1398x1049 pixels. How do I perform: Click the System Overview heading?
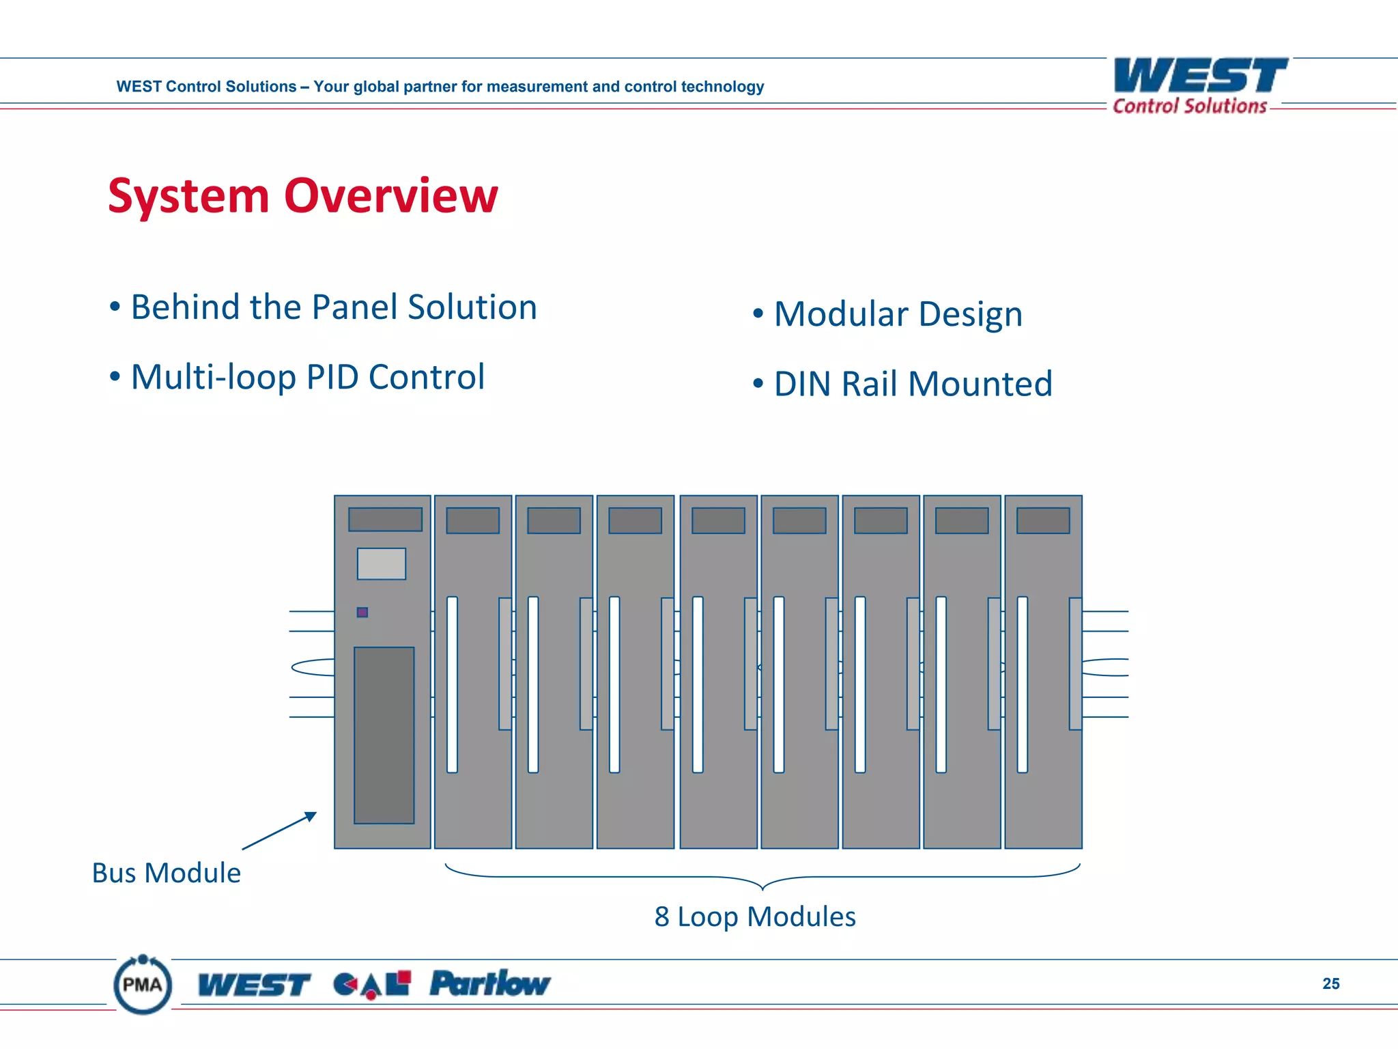tap(302, 196)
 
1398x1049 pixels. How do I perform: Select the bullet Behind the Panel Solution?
tap(333, 307)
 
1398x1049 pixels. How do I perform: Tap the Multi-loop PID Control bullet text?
tap(307, 377)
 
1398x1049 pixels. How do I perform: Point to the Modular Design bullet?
tap(897, 314)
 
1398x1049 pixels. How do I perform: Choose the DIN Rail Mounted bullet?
tap(912, 384)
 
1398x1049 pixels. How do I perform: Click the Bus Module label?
tap(166, 873)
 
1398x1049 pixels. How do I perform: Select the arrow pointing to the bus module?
tap(279, 830)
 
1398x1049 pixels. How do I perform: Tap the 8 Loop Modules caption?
tap(754, 917)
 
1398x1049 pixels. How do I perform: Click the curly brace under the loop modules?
tap(762, 878)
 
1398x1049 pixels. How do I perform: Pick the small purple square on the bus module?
tap(362, 613)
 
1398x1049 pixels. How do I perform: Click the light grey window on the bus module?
tap(382, 564)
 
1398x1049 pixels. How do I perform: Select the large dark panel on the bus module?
tap(384, 735)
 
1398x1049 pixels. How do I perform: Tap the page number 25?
tap(1330, 983)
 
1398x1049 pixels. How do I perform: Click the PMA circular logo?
tap(143, 984)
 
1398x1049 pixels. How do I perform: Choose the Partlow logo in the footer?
tap(489, 983)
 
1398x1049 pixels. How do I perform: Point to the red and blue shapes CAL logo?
tap(372, 984)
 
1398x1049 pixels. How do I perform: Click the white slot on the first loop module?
tap(452, 684)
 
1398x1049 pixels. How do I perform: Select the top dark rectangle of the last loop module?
tap(1043, 520)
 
